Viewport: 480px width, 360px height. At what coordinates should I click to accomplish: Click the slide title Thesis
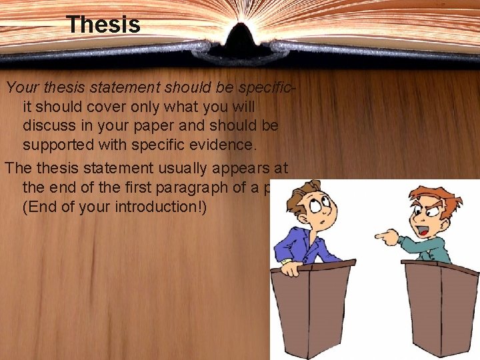click(103, 25)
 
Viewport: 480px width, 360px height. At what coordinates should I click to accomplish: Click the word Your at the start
click(19, 87)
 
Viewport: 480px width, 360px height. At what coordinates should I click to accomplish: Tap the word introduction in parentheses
click(157, 207)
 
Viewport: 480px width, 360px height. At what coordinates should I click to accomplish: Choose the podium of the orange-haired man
click(440, 307)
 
